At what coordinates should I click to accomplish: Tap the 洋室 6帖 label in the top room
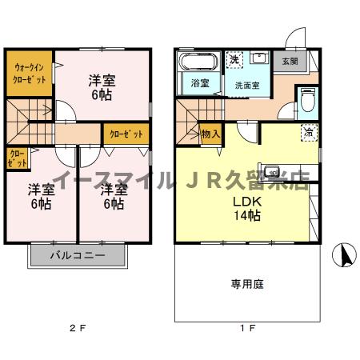pos(101,86)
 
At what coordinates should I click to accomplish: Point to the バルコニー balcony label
pos(78,256)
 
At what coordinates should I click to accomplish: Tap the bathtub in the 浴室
pos(196,62)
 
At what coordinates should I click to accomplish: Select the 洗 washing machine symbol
pos(234,60)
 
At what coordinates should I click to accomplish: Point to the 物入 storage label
pos(210,134)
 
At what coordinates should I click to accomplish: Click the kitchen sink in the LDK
pos(273,171)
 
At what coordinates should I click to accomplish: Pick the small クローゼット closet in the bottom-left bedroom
pos(17,158)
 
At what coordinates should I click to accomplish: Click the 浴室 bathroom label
pos(198,82)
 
